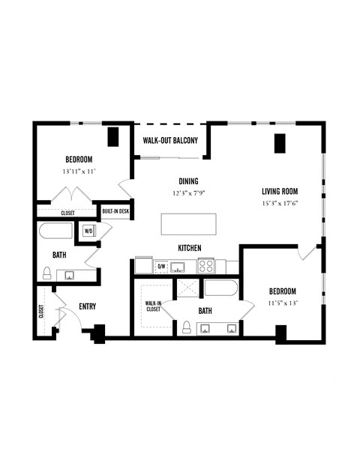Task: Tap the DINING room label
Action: [x=188, y=181]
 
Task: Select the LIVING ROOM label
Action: [x=280, y=190]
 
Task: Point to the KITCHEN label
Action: [x=189, y=248]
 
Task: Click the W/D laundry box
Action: [x=88, y=231]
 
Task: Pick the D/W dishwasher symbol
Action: [x=160, y=266]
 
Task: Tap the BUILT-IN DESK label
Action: [x=115, y=212]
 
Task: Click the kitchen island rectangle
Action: [x=188, y=224]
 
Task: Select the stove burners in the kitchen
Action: [x=207, y=266]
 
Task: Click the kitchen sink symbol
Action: [x=179, y=266]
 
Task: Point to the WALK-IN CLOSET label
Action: [x=153, y=306]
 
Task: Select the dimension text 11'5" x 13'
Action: [x=283, y=303]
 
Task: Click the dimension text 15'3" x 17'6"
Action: [x=280, y=203]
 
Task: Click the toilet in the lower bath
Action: [x=187, y=327]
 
